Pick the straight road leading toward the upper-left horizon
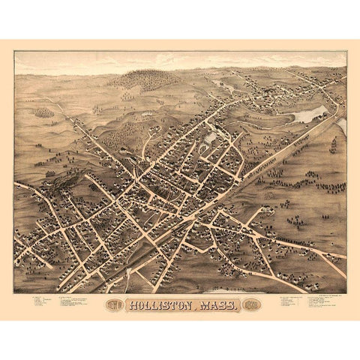click(75, 120)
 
